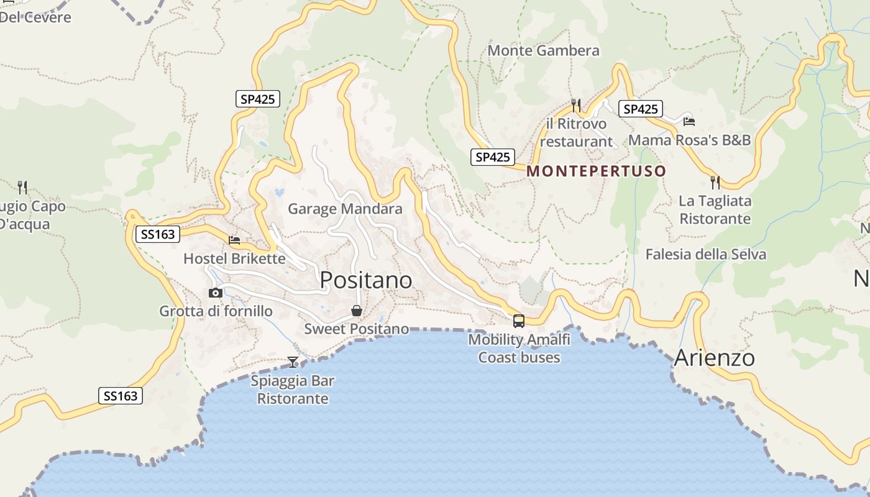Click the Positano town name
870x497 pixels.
(366, 280)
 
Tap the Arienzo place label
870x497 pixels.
(714, 358)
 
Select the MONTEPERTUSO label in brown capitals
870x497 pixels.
(596, 171)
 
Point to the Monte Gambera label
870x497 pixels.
(544, 50)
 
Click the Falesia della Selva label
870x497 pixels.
(705, 254)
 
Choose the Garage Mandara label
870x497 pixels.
(345, 209)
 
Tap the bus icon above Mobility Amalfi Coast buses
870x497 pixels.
(518, 321)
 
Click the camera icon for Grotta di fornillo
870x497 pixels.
(216, 293)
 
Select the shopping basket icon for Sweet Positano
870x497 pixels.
(357, 311)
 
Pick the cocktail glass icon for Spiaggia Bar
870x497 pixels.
(292, 362)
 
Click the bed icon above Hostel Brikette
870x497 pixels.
(234, 240)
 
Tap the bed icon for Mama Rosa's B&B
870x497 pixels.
(689, 121)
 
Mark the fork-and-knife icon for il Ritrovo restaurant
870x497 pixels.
(576, 105)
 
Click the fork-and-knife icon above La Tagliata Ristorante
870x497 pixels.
(715, 182)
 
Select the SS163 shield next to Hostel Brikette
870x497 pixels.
(158, 234)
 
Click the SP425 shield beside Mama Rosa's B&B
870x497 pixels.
(640, 109)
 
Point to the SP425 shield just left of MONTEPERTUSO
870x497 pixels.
(492, 157)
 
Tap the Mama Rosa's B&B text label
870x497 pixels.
(689, 140)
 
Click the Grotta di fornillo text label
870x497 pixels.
(216, 311)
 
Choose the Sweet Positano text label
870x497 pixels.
(357, 329)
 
